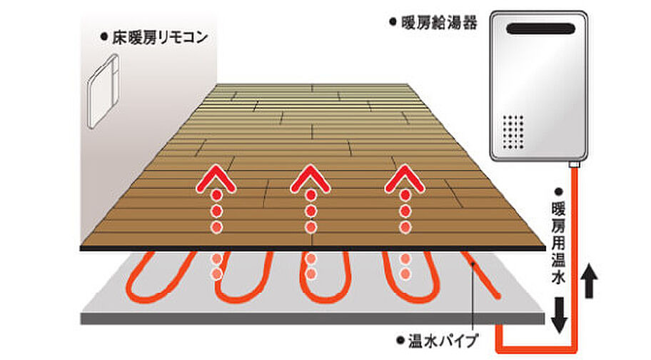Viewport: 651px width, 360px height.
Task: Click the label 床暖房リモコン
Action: point(160,38)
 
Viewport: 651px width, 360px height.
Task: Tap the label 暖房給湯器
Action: point(439,22)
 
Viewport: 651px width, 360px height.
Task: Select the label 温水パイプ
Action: point(443,341)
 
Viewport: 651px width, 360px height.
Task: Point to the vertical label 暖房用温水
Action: point(558,243)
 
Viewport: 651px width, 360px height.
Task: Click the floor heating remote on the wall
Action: point(103,91)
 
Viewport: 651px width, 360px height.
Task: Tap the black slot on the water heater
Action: point(540,29)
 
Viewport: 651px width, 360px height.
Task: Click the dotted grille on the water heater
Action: point(513,132)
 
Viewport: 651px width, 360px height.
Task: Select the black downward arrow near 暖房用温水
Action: point(559,315)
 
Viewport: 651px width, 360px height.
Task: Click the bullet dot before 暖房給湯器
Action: point(393,22)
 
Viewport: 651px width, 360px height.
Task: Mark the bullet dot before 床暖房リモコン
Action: point(104,37)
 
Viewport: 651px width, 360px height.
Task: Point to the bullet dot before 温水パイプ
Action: point(400,341)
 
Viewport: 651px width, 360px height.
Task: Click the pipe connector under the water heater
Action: point(574,164)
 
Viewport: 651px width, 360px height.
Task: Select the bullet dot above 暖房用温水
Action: point(558,192)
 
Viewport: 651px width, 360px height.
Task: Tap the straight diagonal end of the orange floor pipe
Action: point(480,274)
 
